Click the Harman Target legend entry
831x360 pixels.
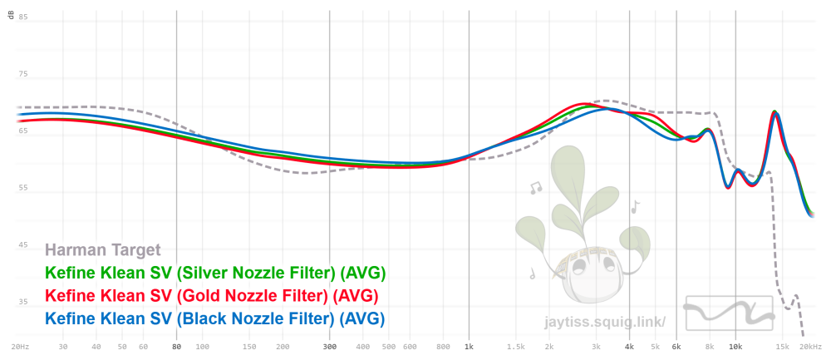point(102,249)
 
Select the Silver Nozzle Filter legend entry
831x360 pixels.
point(215,273)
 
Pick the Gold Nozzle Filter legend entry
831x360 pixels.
point(212,296)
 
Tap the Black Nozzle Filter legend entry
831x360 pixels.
point(214,318)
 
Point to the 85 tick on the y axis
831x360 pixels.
point(23,17)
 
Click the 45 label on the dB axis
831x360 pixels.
point(23,244)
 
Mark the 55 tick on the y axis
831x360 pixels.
point(23,188)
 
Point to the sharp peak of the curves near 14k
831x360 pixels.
point(775,112)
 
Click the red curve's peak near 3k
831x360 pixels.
point(585,104)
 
